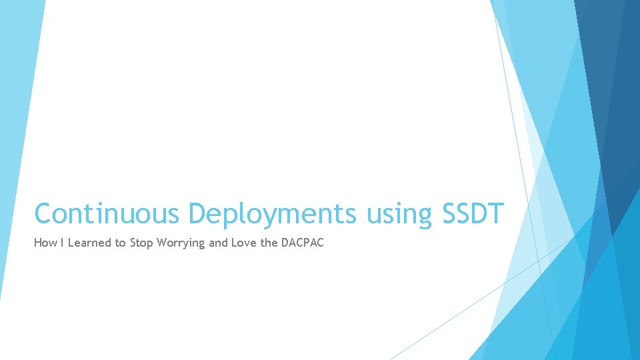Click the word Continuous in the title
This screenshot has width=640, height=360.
click(107, 214)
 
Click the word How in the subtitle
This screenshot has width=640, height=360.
click(45, 243)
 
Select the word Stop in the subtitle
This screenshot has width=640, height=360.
click(141, 243)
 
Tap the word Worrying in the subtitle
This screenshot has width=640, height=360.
click(181, 243)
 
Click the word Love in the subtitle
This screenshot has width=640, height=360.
click(244, 243)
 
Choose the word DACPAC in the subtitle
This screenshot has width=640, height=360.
click(302, 243)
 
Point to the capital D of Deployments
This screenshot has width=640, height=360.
click(198, 214)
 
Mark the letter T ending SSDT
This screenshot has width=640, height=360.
click(496, 214)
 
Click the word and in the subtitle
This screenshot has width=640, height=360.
click(218, 243)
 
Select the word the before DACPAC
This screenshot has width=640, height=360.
click(269, 243)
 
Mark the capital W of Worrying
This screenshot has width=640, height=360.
click(162, 243)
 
